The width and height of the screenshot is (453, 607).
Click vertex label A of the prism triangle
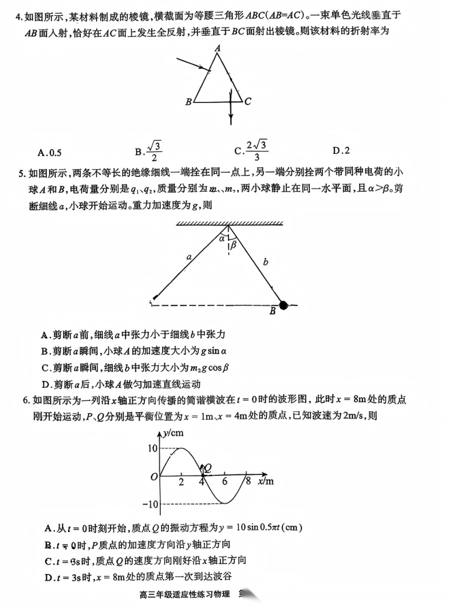click(218, 49)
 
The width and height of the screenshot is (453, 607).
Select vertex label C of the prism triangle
click(247, 102)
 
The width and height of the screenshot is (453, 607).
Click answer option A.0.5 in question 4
click(49, 152)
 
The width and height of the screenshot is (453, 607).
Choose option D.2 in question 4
click(341, 151)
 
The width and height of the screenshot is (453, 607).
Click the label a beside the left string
click(189, 257)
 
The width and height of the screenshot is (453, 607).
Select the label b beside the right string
click(265, 262)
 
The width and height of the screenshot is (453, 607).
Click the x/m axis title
click(265, 482)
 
